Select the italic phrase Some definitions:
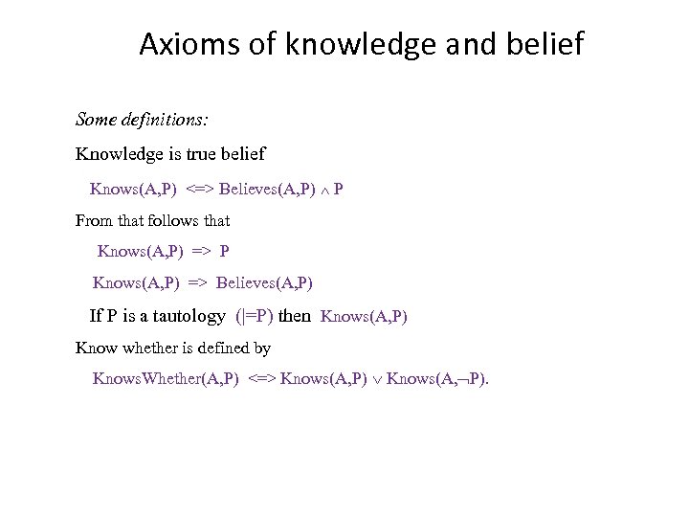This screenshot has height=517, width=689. point(143,122)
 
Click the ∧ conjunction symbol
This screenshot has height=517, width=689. point(323,189)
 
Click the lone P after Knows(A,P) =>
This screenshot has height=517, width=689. point(225,252)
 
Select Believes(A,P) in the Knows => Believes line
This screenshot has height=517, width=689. point(264,283)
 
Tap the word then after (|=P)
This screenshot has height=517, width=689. point(295,315)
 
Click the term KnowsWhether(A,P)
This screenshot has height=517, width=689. point(166,378)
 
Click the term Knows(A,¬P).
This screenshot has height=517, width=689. point(437,378)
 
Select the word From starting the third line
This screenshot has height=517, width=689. point(94,220)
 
